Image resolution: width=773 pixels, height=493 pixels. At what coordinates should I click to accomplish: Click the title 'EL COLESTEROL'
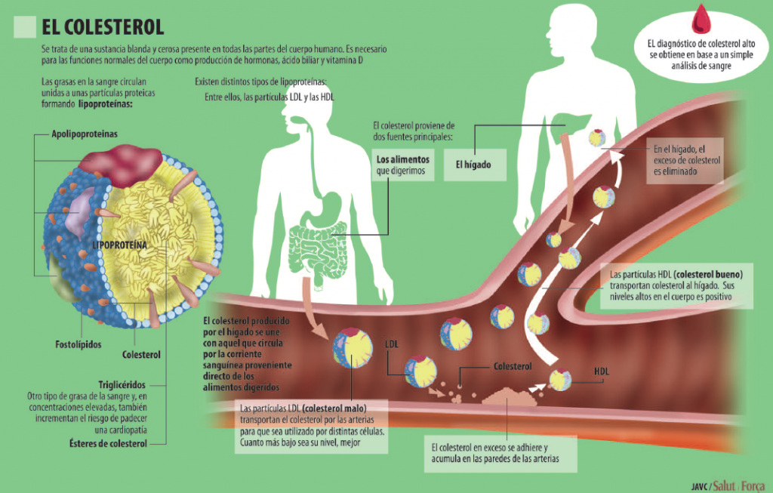(x=103, y=28)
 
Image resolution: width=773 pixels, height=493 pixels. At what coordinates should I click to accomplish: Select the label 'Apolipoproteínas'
(x=85, y=134)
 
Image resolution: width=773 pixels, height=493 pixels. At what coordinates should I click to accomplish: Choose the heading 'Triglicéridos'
(x=122, y=384)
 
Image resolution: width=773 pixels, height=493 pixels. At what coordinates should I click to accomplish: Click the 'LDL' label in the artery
(x=392, y=343)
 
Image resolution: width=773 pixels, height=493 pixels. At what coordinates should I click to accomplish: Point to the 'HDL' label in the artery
(x=602, y=371)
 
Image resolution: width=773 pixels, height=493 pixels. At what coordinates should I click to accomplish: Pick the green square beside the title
(x=25, y=27)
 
